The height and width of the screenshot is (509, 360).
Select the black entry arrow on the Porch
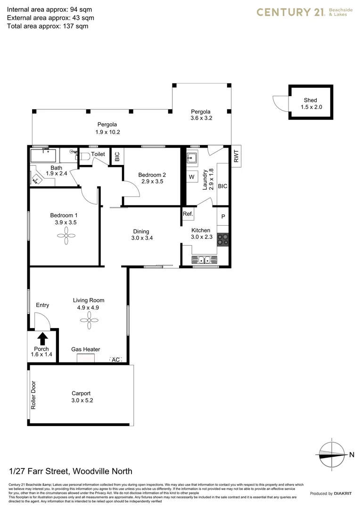(42, 338)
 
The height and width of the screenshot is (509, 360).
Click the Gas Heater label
(85, 349)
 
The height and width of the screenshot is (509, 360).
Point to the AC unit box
(115, 359)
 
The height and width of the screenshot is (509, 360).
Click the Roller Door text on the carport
(33, 395)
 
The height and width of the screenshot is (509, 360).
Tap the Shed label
(310, 100)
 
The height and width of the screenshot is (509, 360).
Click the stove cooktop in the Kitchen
(222, 239)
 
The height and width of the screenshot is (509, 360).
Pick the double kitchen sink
(204, 259)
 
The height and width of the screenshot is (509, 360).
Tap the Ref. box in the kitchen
(188, 214)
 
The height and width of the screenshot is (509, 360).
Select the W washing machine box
(192, 177)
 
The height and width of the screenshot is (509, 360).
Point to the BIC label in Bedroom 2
(117, 156)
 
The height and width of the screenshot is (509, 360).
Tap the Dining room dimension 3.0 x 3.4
(141, 238)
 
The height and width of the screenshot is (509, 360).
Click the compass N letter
(352, 454)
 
